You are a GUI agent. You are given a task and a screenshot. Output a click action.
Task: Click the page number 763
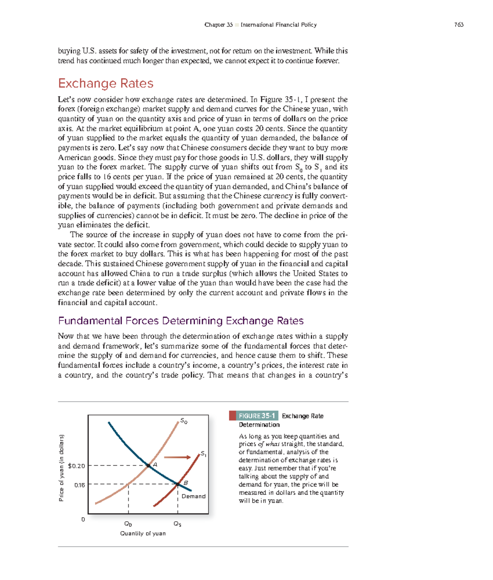click(x=458, y=25)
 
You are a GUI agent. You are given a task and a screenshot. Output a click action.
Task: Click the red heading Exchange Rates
click(x=106, y=83)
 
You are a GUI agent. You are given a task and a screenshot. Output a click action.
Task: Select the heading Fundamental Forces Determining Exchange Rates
click(x=181, y=321)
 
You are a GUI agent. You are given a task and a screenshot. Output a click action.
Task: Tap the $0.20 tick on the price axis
click(x=76, y=466)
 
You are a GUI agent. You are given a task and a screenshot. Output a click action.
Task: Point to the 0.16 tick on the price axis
click(x=79, y=485)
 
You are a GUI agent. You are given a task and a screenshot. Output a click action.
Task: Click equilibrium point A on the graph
click(x=148, y=465)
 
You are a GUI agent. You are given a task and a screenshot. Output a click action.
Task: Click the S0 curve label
click(x=184, y=421)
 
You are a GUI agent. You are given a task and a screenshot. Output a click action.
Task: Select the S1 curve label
click(x=203, y=454)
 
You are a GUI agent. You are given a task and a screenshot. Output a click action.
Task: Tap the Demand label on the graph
click(x=193, y=496)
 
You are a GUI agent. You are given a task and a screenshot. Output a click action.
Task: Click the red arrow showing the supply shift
click(x=177, y=457)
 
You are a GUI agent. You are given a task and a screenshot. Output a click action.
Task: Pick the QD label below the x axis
click(x=128, y=524)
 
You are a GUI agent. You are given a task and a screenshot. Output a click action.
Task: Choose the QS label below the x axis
click(x=177, y=524)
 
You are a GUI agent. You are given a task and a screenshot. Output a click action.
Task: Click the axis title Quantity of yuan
click(x=143, y=533)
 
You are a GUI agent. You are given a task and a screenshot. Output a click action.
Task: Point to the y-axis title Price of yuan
click(x=61, y=468)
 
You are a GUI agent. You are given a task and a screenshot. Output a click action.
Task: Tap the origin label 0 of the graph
click(x=83, y=520)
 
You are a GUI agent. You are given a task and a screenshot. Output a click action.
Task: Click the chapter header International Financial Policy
click(x=279, y=25)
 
